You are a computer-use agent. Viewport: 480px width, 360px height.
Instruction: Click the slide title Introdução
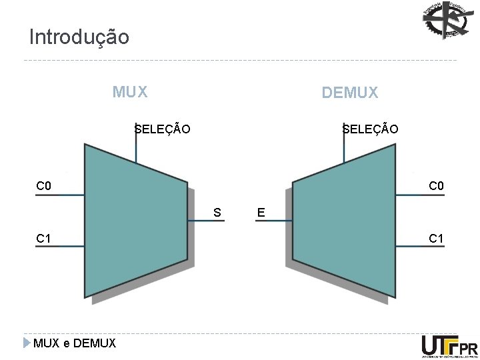(x=79, y=37)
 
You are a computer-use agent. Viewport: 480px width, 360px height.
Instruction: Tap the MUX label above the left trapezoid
(x=130, y=91)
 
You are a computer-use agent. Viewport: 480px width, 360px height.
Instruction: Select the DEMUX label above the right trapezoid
(x=349, y=93)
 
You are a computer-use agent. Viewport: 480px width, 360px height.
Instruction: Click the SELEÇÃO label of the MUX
(x=162, y=129)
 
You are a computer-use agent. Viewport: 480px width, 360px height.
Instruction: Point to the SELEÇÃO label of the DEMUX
(x=370, y=129)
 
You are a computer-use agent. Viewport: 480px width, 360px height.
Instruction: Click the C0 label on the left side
(x=44, y=185)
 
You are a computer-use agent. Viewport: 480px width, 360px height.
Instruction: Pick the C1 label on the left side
(x=44, y=238)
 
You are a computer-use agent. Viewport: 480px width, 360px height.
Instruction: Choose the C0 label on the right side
(x=436, y=185)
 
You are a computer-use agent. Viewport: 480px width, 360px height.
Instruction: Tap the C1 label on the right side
(x=436, y=238)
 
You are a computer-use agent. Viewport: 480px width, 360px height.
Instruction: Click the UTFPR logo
(x=449, y=346)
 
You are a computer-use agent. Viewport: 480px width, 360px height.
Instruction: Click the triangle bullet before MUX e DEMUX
(x=27, y=343)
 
